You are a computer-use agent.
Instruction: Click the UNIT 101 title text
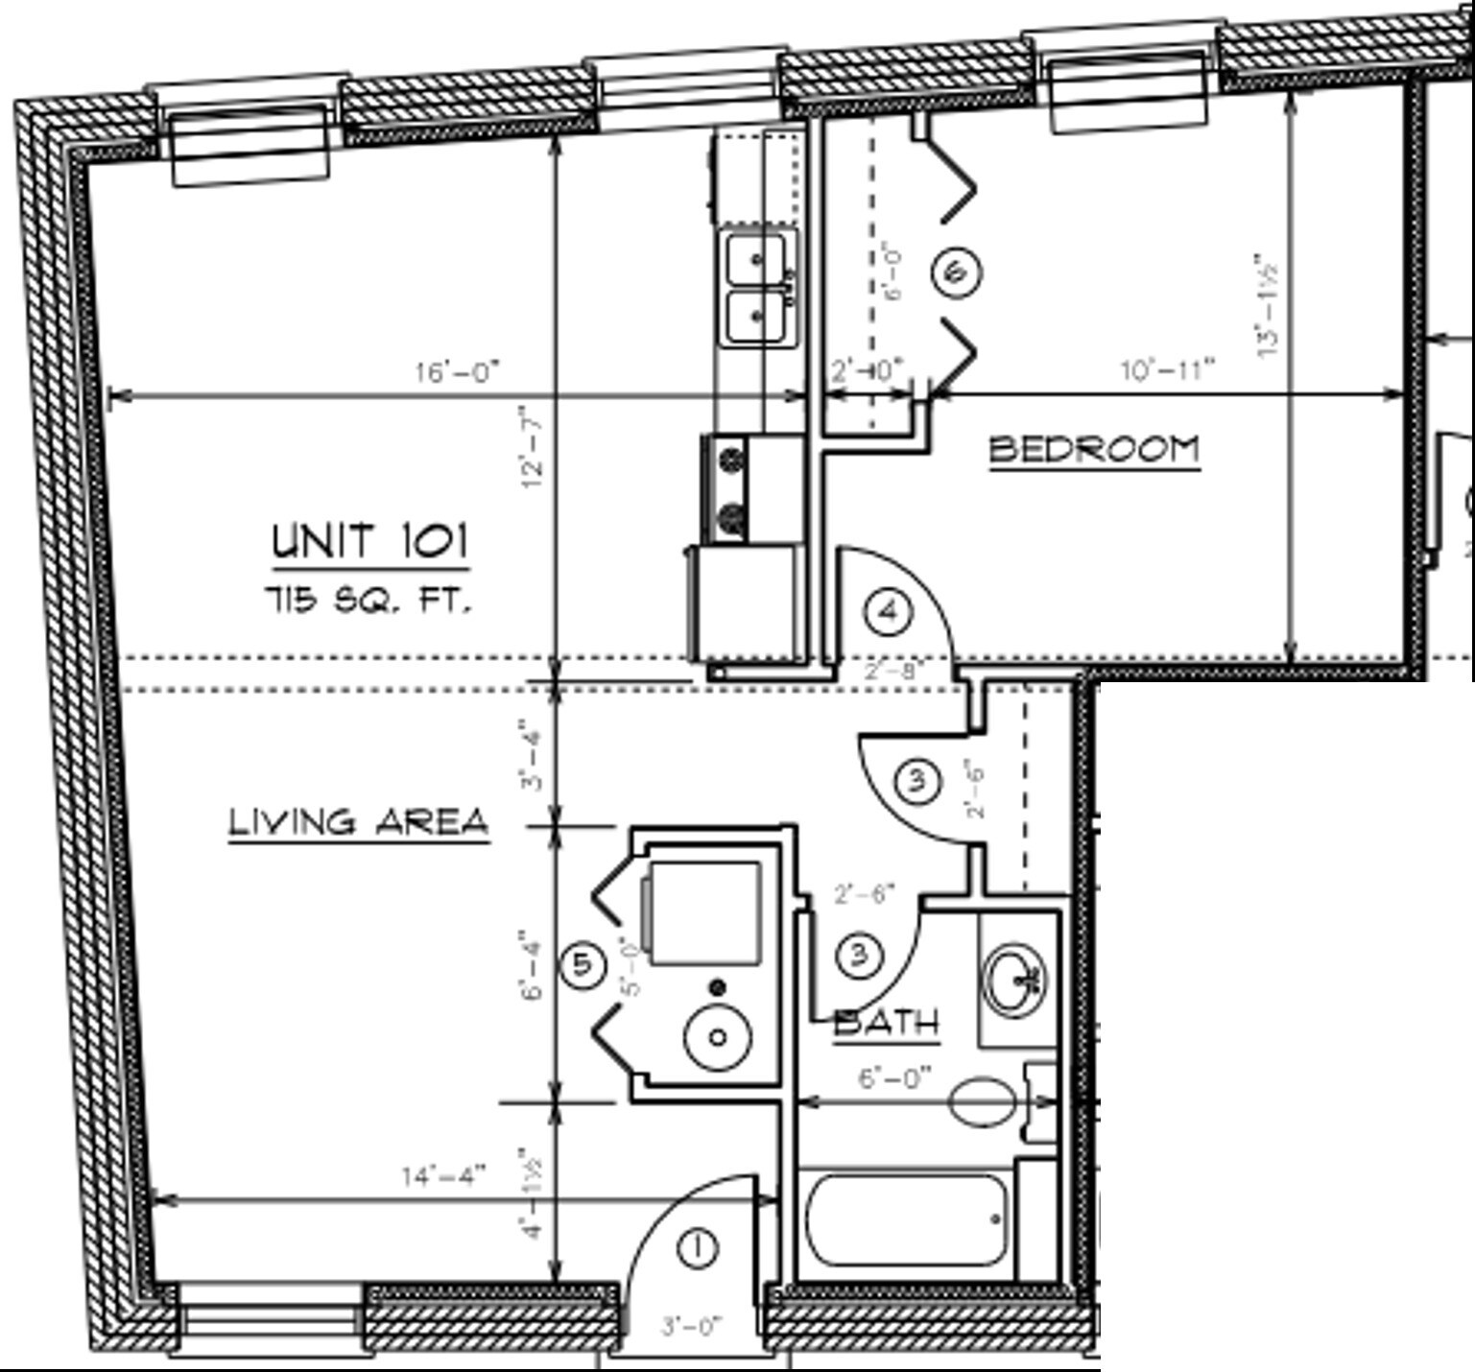point(370,541)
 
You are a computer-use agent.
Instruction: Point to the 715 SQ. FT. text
point(369,602)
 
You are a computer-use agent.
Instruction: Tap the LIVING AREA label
point(359,822)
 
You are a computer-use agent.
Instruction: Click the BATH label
point(886,1023)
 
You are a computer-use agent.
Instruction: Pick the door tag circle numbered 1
point(697,1248)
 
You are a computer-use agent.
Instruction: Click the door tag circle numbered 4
point(888,611)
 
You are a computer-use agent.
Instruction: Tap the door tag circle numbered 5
point(583,964)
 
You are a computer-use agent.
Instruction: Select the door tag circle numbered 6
point(956,272)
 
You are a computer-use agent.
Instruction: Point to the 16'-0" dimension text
point(458,371)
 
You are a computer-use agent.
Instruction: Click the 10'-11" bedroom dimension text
point(1168,369)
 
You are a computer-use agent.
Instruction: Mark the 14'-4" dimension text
point(443,1175)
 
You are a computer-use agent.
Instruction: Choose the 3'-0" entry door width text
point(691,1327)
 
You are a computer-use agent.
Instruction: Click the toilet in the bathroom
point(984,1100)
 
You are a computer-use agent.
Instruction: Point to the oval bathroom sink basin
point(1016,980)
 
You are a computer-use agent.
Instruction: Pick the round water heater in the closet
point(718,1036)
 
